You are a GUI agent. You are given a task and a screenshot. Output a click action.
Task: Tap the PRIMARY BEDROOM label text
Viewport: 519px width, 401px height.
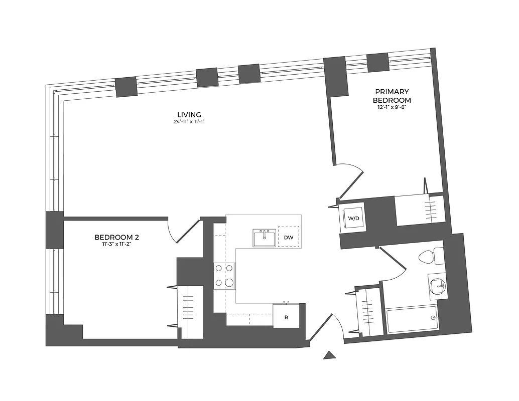click(393, 96)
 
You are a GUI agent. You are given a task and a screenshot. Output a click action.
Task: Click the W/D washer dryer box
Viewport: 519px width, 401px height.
click(354, 219)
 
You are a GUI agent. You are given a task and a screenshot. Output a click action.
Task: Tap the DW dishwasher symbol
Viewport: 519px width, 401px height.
click(289, 237)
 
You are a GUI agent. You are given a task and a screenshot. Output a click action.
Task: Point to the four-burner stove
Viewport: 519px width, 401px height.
click(225, 276)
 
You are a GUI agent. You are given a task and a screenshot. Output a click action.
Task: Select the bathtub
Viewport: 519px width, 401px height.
click(412, 319)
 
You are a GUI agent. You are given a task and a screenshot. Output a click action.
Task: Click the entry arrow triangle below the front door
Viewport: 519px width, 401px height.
click(329, 355)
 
